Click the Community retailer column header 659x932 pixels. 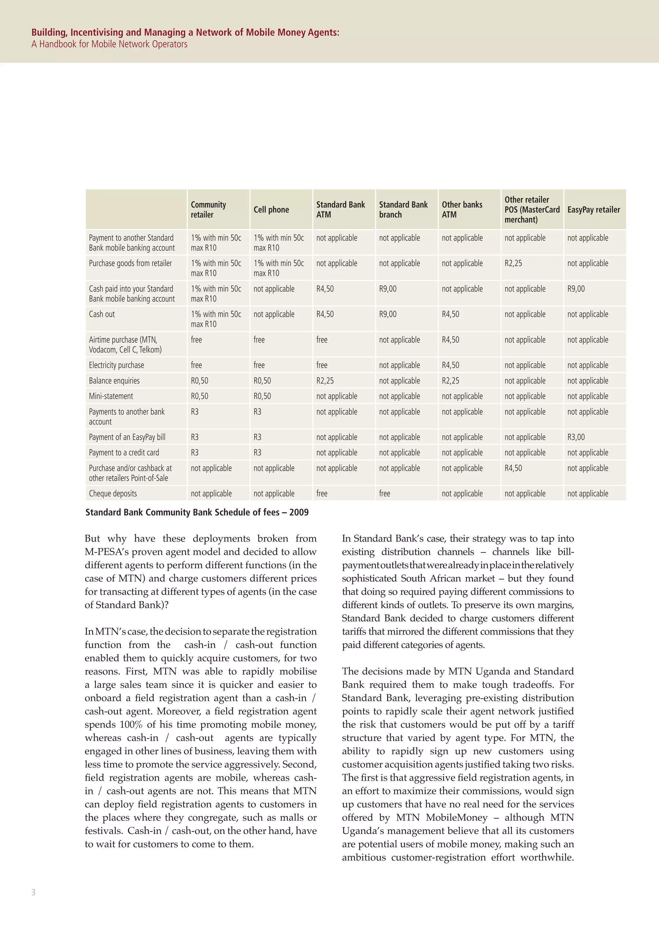208,210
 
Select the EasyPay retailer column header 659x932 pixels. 593,210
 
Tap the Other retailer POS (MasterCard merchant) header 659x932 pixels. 532,210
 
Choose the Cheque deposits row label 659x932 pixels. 113,494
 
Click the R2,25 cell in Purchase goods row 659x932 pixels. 513,264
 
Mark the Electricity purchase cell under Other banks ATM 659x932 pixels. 450,365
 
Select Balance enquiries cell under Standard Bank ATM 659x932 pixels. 325,381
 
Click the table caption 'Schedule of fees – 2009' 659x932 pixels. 197,512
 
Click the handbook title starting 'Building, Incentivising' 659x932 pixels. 185,33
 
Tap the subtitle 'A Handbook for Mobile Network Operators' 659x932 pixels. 109,44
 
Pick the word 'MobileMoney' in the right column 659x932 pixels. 457,817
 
